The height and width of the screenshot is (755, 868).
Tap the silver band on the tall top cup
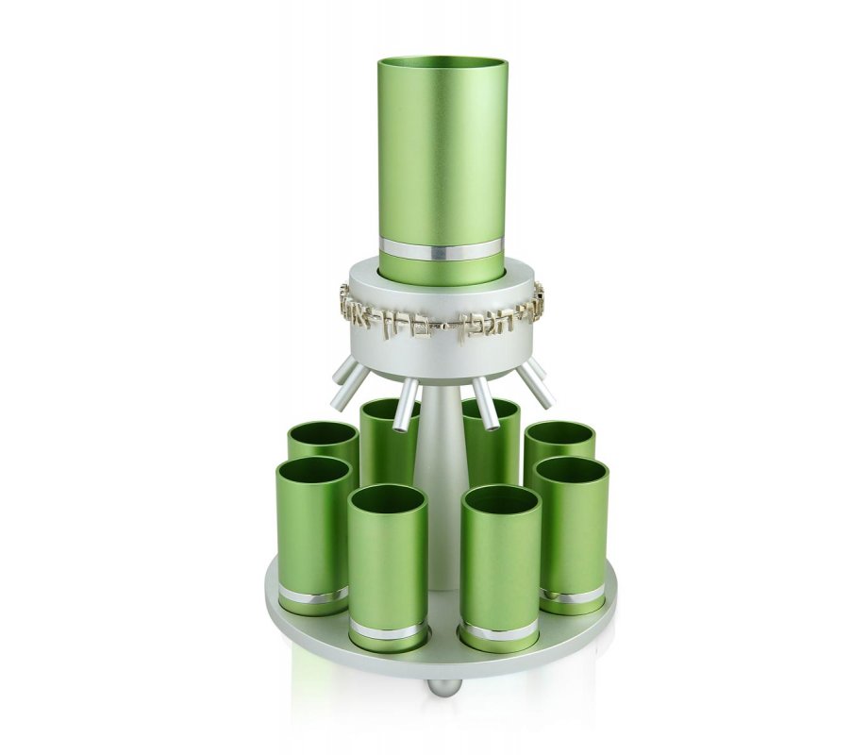[441, 252]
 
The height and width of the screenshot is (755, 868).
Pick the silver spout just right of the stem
[484, 402]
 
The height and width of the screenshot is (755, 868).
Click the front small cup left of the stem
[387, 566]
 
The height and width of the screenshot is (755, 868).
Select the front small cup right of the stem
[500, 566]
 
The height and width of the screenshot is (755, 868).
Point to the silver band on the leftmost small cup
[312, 596]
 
